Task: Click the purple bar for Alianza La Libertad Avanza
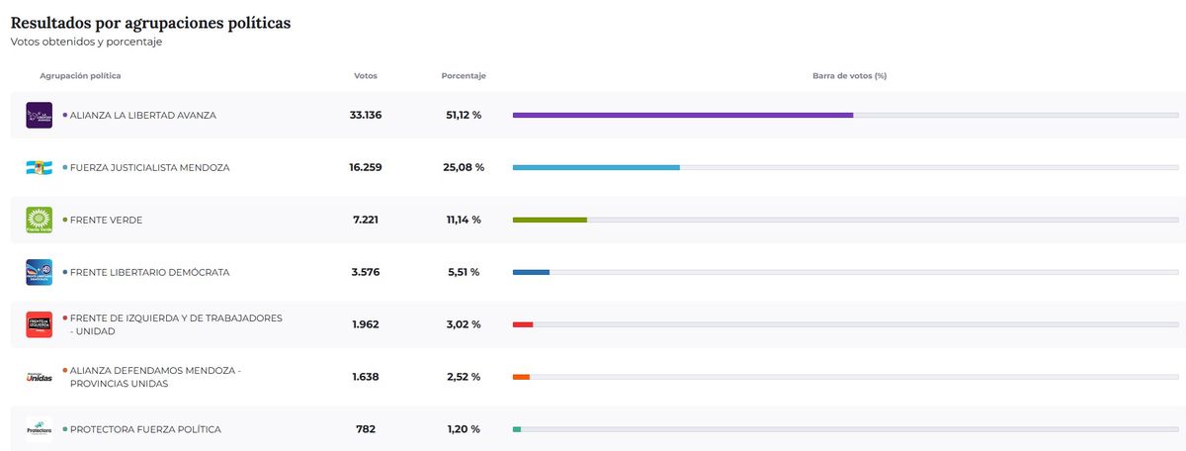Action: click(682, 116)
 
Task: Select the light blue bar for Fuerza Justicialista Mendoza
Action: click(596, 168)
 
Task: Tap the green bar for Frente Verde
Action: click(550, 220)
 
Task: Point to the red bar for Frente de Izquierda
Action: click(523, 324)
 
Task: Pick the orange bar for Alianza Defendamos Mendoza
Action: click(521, 377)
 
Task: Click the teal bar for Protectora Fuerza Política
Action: click(517, 429)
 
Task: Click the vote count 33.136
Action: click(366, 116)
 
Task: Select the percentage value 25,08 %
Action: click(464, 168)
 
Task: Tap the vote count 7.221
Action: click(366, 220)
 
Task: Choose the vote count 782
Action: click(366, 429)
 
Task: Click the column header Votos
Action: click(366, 76)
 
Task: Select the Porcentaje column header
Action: click(464, 76)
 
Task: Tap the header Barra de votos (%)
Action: click(849, 76)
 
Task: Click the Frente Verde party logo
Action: click(39, 220)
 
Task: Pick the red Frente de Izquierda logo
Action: click(39, 324)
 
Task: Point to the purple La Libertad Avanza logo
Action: click(39, 116)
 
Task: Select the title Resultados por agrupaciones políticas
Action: click(150, 22)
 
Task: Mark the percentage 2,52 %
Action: click(464, 377)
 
